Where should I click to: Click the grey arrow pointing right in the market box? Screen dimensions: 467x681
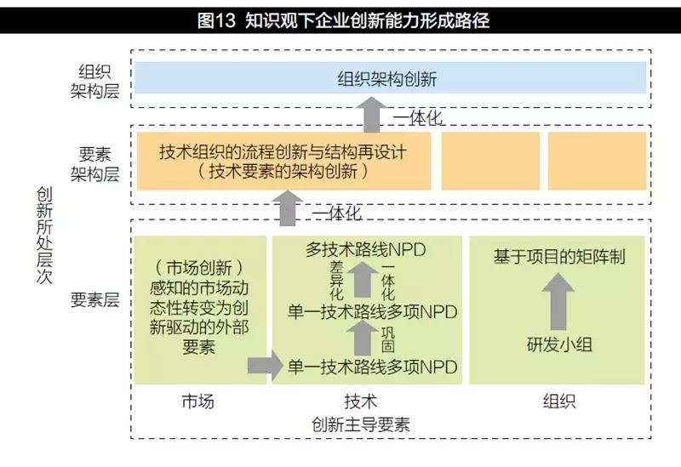(x=265, y=367)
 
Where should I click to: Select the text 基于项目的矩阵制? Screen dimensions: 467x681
(x=559, y=256)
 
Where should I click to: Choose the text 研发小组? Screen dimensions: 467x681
(x=558, y=345)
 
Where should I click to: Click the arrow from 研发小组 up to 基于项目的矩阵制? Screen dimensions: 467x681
(x=558, y=302)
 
